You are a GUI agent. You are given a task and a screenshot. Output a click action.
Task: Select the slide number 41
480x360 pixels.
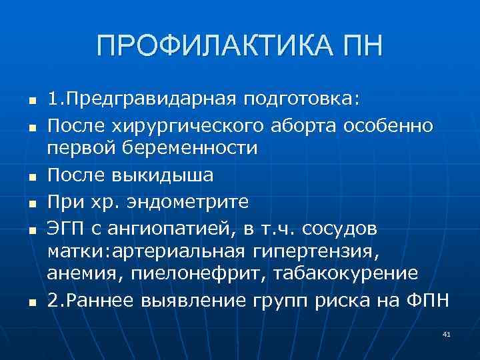[446, 333]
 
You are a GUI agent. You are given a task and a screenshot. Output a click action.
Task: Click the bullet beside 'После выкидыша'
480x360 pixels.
[31, 177]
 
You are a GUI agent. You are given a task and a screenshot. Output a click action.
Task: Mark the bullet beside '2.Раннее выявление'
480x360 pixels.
[31, 303]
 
